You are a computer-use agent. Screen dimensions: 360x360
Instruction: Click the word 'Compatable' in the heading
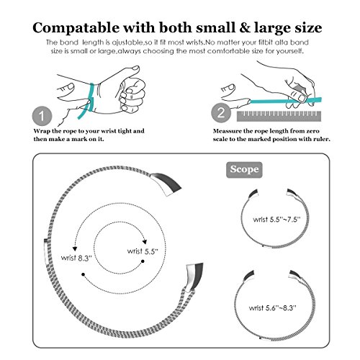[x=76, y=28]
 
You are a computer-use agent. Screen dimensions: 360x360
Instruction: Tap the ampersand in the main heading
[x=244, y=27]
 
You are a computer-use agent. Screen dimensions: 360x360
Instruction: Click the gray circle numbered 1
[x=42, y=116]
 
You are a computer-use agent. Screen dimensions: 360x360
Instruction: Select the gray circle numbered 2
[x=221, y=113]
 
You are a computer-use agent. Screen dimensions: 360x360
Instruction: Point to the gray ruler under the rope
[x=279, y=116]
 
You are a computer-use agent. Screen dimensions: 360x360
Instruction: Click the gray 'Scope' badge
[x=244, y=170]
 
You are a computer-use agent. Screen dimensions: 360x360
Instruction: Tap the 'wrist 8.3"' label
[x=76, y=258]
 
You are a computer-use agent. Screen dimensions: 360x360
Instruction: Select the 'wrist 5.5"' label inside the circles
[x=143, y=251]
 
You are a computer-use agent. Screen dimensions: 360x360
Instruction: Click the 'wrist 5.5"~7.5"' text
[x=276, y=220]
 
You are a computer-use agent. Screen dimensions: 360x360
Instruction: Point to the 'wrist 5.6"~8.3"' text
[x=273, y=308]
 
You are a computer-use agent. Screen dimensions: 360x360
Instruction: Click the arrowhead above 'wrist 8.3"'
[x=75, y=248]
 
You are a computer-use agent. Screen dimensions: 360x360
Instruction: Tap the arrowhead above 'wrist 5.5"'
[x=145, y=242]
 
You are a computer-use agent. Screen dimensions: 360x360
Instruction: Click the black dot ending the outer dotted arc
[x=83, y=274]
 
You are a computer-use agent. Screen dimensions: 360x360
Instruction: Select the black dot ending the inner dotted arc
[x=143, y=261]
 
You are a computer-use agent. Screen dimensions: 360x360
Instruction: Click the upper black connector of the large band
[x=166, y=184]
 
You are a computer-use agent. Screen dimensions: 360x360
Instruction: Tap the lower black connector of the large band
[x=195, y=277]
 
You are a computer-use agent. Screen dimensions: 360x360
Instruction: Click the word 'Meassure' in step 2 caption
[x=227, y=131]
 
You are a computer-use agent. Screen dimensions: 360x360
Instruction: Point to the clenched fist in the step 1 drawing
[x=132, y=96]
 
